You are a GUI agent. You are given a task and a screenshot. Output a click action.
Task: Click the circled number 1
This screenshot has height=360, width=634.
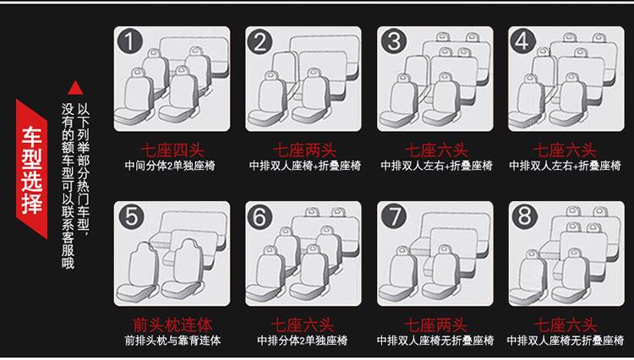click(x=129, y=41)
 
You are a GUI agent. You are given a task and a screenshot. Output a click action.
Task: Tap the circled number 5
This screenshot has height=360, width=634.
click(x=131, y=216)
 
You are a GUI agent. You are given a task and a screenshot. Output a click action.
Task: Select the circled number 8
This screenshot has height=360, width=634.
click(x=524, y=216)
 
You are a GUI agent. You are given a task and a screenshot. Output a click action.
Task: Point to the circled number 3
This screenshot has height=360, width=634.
click(x=393, y=41)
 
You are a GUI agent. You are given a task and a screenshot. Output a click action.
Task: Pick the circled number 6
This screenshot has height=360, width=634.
click(x=262, y=216)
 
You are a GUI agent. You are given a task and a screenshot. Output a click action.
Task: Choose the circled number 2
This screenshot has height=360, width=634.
click(x=261, y=41)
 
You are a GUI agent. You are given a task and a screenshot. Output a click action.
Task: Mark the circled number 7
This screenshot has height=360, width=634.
click(x=393, y=216)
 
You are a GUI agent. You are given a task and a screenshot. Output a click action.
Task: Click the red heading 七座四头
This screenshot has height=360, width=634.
click(x=172, y=150)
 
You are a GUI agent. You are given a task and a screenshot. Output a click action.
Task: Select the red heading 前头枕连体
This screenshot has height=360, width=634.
click(x=172, y=325)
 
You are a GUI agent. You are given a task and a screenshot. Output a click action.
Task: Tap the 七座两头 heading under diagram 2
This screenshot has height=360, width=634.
click(x=304, y=150)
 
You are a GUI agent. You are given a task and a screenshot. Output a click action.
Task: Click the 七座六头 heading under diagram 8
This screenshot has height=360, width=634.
click(x=566, y=325)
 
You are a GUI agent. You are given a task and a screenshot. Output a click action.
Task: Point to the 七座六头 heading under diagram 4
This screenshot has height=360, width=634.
click(x=565, y=150)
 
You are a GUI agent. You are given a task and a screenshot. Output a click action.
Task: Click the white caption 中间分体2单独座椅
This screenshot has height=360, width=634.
click(x=170, y=166)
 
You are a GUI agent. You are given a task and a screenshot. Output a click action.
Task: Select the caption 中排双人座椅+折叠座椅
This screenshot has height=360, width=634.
click(x=305, y=166)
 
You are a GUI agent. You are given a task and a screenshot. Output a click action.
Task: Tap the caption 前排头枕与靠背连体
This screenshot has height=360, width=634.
click(x=172, y=341)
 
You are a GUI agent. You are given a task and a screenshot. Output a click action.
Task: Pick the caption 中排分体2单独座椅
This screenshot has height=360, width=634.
click(x=303, y=341)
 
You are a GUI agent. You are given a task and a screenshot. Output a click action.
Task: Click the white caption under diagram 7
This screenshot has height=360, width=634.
click(x=435, y=341)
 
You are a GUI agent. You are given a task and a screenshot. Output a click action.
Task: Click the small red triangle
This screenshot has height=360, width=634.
click(x=75, y=88)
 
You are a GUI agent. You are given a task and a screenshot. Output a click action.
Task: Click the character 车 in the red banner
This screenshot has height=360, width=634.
click(x=32, y=137)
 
